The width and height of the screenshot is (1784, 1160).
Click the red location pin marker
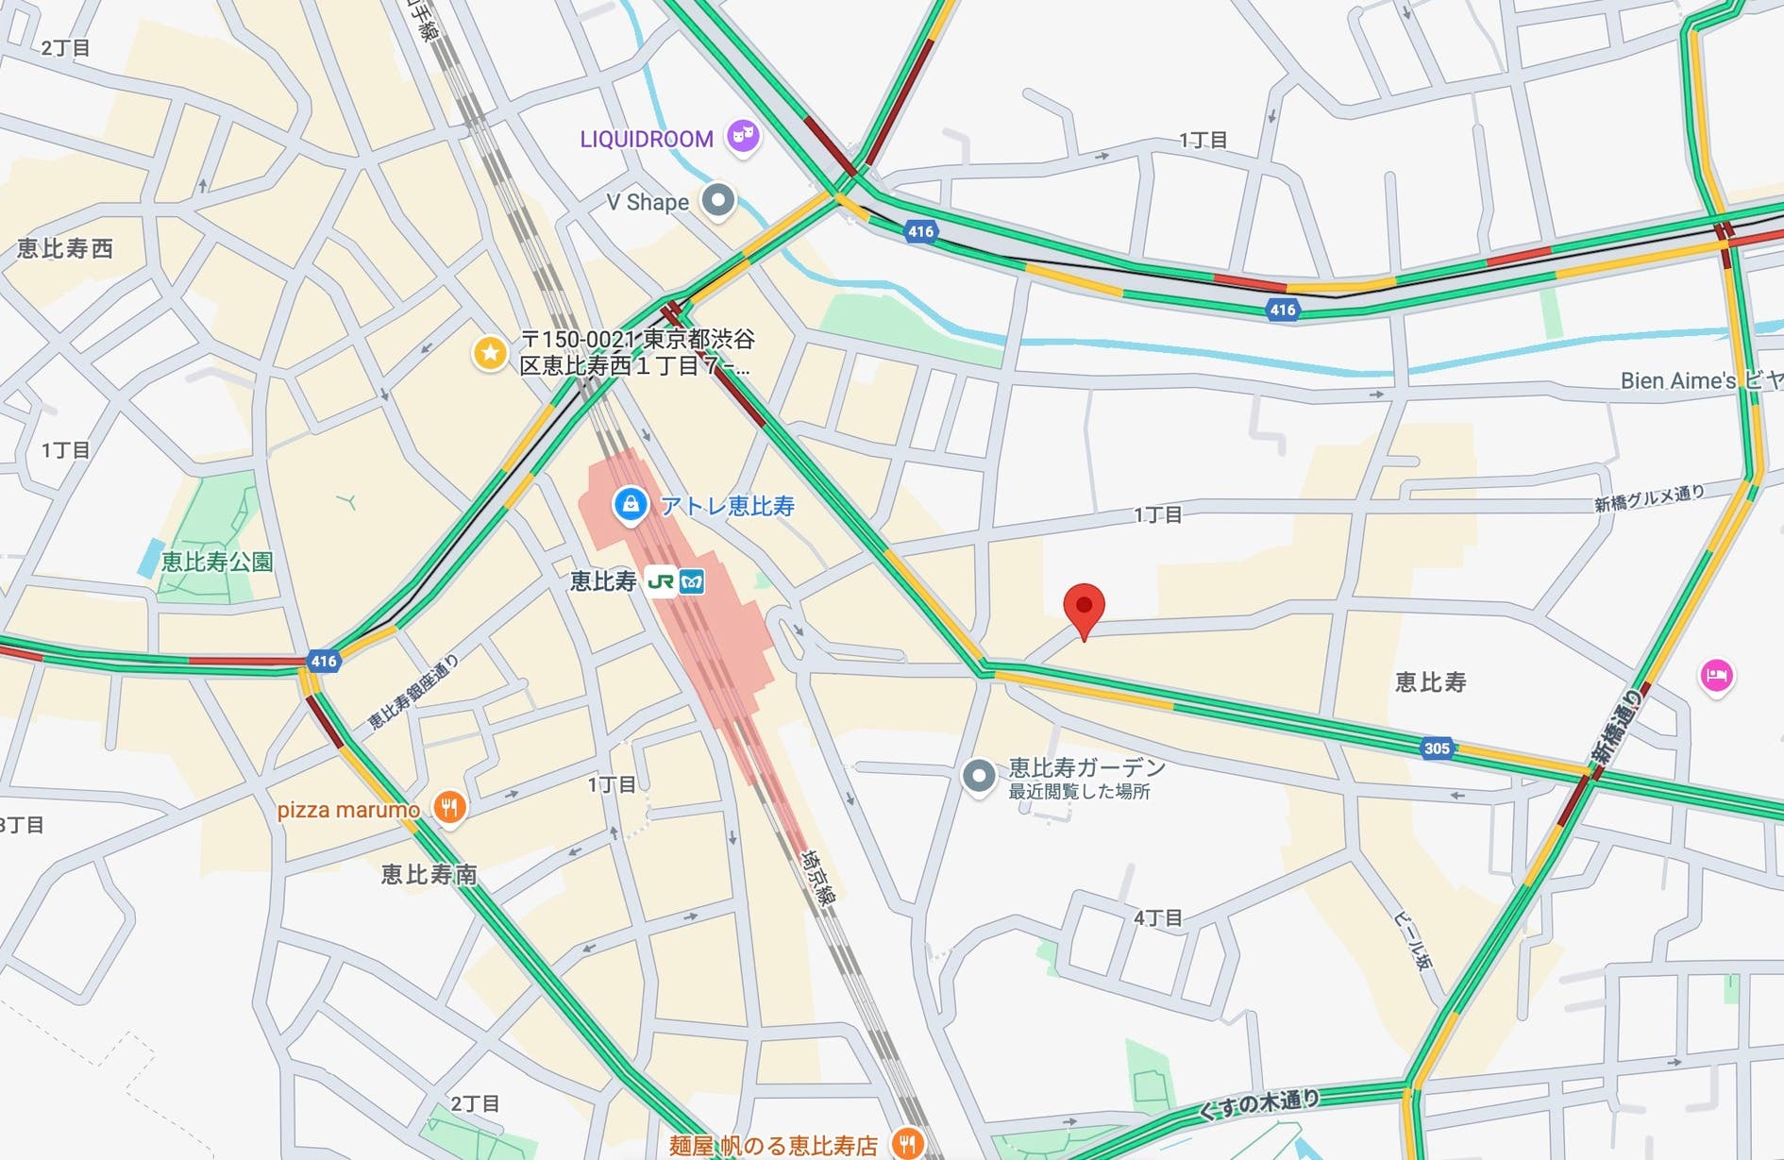[1084, 607]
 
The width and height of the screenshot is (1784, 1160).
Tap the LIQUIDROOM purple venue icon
[744, 137]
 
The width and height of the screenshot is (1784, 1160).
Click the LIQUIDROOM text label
[647, 140]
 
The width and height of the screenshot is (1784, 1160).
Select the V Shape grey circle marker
[718, 201]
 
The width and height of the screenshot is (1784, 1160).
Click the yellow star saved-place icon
[489, 354]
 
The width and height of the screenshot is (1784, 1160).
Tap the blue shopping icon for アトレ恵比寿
[630, 504]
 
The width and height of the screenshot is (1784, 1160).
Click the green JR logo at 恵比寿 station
[661, 581]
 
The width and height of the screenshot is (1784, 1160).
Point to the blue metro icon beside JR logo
[692, 581]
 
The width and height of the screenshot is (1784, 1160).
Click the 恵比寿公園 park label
[217, 563]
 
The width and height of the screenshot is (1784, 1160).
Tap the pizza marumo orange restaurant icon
[449, 808]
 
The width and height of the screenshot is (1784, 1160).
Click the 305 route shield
[1436, 748]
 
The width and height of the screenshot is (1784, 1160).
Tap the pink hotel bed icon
[1716, 676]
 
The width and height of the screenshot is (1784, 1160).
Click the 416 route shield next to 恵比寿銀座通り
[323, 661]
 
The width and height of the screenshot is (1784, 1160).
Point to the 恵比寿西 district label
[64, 248]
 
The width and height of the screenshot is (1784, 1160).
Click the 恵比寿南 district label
[429, 875]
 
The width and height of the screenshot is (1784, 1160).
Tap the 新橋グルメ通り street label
[1649, 498]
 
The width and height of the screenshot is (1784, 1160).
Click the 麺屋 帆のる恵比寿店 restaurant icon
[907, 1143]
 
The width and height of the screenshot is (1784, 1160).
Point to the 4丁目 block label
[1157, 917]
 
